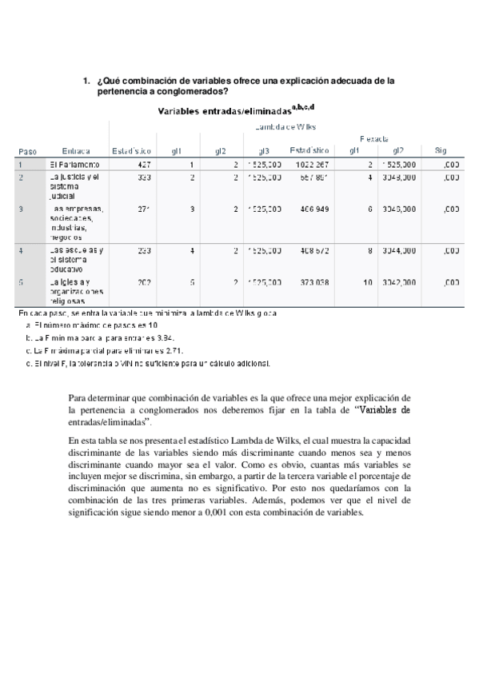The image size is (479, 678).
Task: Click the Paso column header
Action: [28, 150]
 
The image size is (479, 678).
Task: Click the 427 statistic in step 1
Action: [144, 164]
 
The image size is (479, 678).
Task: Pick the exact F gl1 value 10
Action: [367, 282]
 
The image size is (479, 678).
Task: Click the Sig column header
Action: [441, 150]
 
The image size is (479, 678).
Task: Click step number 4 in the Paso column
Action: [20, 250]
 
